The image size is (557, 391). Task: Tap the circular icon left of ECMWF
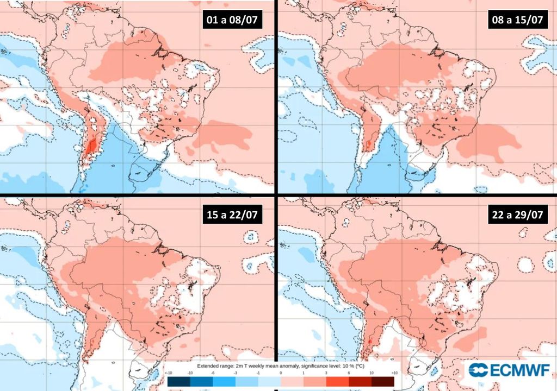[479, 370]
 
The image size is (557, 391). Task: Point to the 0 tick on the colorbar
[280, 374]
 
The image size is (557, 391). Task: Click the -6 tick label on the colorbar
[212, 374]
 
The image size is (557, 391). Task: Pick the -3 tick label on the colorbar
[235, 374]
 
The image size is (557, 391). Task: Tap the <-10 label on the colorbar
[168, 374]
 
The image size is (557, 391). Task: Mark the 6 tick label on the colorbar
[348, 374]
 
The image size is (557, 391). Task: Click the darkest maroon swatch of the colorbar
[382, 382]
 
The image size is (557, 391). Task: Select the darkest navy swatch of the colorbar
[179, 382]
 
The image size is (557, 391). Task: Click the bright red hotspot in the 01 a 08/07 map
[91, 147]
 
